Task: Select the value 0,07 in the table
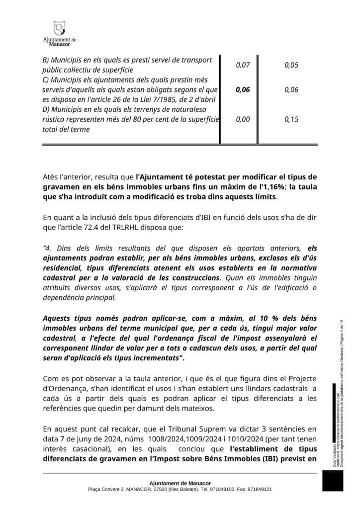pyautogui.click(x=242, y=65)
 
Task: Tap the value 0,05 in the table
pyautogui.click(x=291, y=65)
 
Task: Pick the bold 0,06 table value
pyautogui.click(x=242, y=90)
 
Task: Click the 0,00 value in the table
pyautogui.click(x=242, y=119)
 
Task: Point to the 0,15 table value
pyautogui.click(x=291, y=119)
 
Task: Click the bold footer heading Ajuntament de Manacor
pyautogui.click(x=180, y=483)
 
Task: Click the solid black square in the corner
pyautogui.click(x=333, y=481)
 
